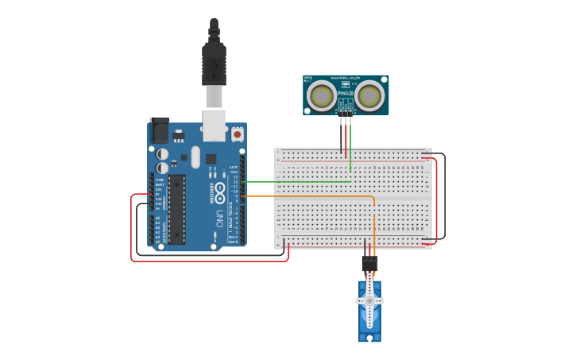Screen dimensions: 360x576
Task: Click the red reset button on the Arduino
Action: pyautogui.click(x=238, y=135)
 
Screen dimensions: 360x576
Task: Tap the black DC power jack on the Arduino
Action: pyautogui.click(x=160, y=130)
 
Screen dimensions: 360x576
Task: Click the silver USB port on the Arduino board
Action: pyautogui.click(x=215, y=126)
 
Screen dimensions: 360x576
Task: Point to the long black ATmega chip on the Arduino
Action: pyautogui.click(x=176, y=209)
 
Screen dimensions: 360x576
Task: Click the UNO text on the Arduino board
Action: pyautogui.click(x=219, y=218)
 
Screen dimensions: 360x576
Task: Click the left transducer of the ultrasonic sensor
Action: pyautogui.click(x=323, y=95)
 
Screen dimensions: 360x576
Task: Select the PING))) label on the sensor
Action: pyautogui.click(x=346, y=94)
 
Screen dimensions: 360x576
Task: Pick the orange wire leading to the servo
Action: pyautogui.click(x=318, y=195)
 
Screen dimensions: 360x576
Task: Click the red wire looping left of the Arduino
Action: pyautogui.click(x=132, y=230)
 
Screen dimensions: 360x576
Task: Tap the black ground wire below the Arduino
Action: pyautogui.click(x=207, y=254)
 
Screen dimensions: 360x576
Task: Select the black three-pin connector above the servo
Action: pyautogui.click(x=369, y=262)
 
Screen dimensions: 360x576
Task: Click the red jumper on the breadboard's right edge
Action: pyautogui.click(x=436, y=199)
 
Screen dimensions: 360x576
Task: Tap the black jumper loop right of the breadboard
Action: pyautogui.click(x=444, y=195)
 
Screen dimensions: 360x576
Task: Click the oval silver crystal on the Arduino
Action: pyautogui.click(x=195, y=156)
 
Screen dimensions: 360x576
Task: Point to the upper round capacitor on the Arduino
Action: pyautogui.click(x=162, y=153)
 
